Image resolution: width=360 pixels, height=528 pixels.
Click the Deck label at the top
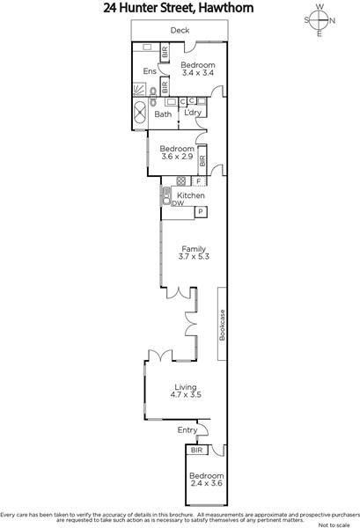(x=180, y=30)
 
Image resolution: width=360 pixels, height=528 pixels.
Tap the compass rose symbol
(x=319, y=20)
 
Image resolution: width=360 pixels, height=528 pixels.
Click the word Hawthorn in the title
(x=225, y=8)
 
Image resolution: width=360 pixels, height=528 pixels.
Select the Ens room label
(x=150, y=71)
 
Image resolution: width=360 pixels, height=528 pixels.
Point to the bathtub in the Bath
(x=140, y=114)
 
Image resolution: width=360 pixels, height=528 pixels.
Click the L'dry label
(x=193, y=113)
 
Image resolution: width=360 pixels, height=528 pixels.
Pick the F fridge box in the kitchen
(x=199, y=181)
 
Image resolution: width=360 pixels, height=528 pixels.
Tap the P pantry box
(x=201, y=212)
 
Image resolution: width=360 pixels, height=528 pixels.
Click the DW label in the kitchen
(x=178, y=203)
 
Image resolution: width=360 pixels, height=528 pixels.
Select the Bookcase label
(x=222, y=325)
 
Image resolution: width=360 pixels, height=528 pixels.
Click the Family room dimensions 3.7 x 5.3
(x=194, y=257)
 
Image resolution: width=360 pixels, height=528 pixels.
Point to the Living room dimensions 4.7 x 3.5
(x=186, y=394)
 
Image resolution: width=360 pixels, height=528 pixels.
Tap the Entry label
(x=187, y=430)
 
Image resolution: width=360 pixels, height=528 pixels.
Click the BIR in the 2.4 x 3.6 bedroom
(x=196, y=450)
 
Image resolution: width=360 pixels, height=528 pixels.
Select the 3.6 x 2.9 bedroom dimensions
(x=177, y=157)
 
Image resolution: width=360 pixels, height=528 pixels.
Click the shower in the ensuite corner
(x=140, y=90)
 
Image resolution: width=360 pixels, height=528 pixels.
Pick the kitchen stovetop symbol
(x=181, y=180)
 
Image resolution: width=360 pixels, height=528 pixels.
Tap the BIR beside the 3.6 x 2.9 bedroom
(x=202, y=161)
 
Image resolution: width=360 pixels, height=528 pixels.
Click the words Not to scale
(x=334, y=525)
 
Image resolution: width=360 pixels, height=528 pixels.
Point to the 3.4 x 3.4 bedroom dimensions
(x=198, y=73)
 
